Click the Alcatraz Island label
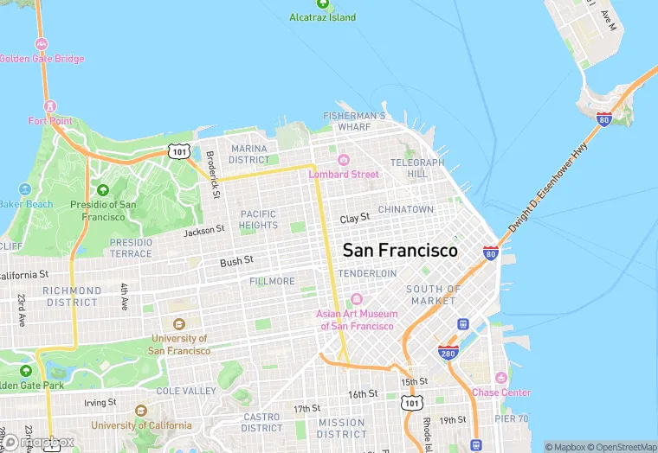tap(322, 17)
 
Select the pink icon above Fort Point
tap(49, 106)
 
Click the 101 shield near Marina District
tap(178, 152)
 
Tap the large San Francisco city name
tap(400, 250)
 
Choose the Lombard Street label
tap(344, 174)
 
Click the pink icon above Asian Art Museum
tap(356, 299)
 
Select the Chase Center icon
tap(500, 378)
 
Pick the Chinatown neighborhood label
tap(405, 209)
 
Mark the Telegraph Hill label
tap(417, 168)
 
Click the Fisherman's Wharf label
tap(354, 121)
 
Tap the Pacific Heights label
tap(258, 220)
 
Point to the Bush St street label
tap(236, 260)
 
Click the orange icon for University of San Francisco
tap(179, 324)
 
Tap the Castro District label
tap(261, 422)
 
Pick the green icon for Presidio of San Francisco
tap(103, 190)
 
